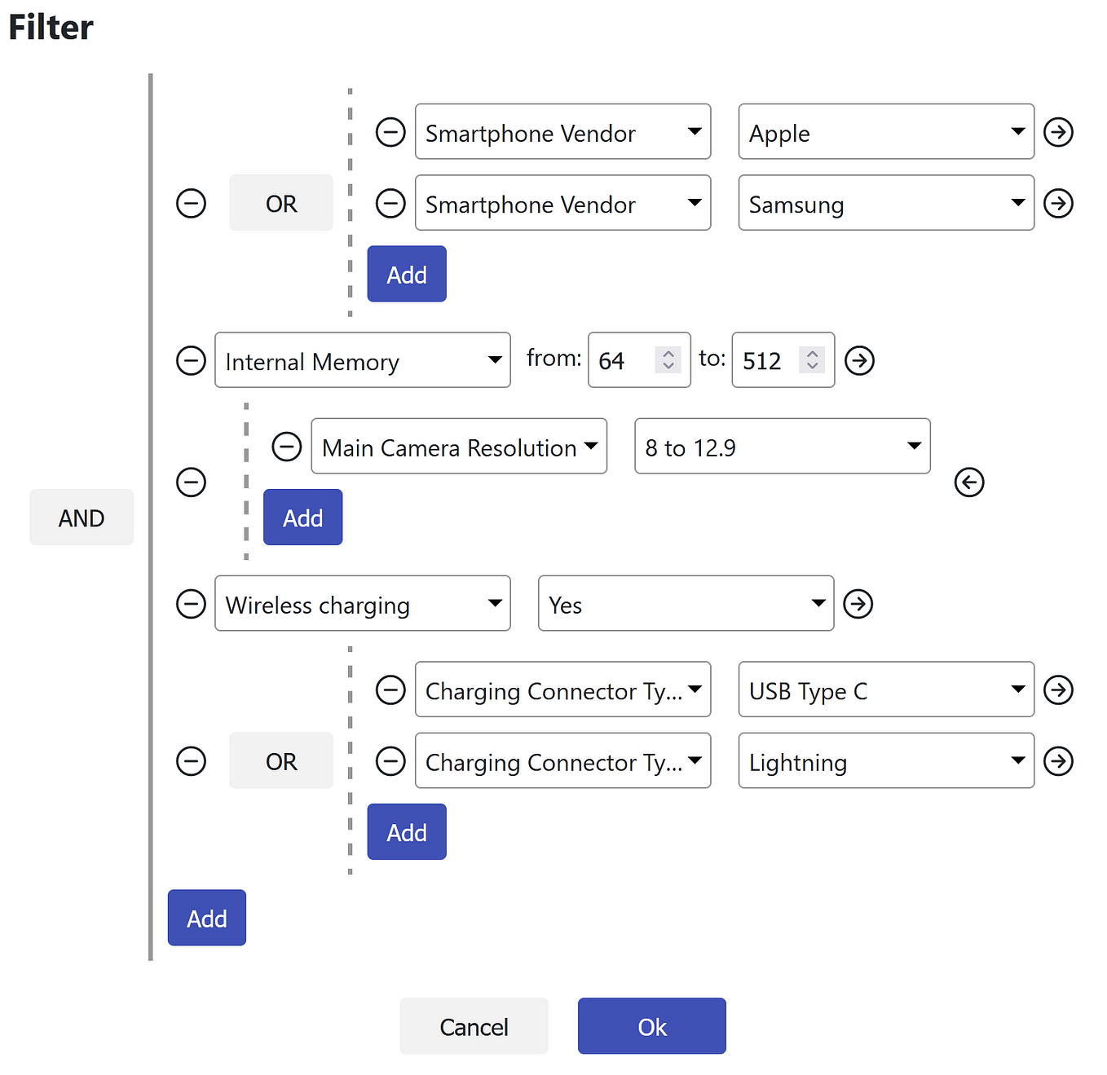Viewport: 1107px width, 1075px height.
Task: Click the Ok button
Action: tap(651, 1026)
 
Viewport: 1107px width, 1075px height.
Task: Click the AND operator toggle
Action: tap(82, 518)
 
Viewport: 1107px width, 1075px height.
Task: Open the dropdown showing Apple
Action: tap(885, 132)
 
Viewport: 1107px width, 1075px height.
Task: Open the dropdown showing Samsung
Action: tap(885, 203)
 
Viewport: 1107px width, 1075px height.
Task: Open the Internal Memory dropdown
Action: tap(362, 360)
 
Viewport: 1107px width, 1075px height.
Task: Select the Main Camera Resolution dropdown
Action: tap(459, 447)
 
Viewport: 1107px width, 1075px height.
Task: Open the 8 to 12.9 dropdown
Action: tap(782, 447)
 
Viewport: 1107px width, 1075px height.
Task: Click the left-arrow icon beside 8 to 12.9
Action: tap(968, 482)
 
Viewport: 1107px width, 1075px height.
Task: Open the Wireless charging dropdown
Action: tap(362, 604)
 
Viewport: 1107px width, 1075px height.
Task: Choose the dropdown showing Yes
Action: tap(686, 604)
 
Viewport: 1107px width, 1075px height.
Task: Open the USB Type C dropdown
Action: tap(885, 690)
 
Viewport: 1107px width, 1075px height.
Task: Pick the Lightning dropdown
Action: tap(885, 761)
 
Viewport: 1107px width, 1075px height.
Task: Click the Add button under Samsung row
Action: tap(406, 274)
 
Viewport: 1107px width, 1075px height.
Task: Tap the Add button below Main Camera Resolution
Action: tap(302, 518)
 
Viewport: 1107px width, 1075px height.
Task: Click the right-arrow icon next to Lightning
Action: tap(1058, 761)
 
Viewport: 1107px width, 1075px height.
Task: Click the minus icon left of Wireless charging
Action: tap(191, 604)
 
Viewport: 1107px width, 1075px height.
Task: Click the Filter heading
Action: tap(51, 28)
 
